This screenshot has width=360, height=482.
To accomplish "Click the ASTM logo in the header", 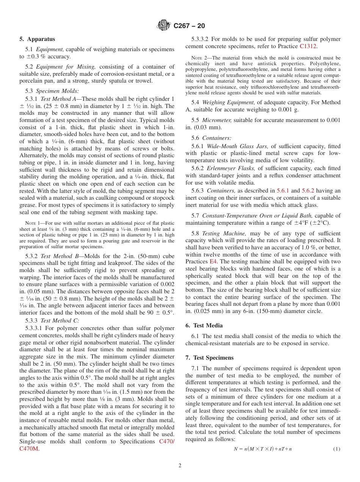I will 164,26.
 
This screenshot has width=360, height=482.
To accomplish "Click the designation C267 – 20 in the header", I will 189,26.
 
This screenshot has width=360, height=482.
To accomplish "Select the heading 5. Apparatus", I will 37,39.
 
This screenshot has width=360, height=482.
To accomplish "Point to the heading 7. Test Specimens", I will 209,358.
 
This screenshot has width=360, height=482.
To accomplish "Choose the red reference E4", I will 214,261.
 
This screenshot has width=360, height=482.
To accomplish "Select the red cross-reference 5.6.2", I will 308,191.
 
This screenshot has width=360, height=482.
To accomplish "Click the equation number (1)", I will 337,449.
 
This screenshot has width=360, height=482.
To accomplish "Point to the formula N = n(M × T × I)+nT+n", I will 263,449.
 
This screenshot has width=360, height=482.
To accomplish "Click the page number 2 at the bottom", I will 180,466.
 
